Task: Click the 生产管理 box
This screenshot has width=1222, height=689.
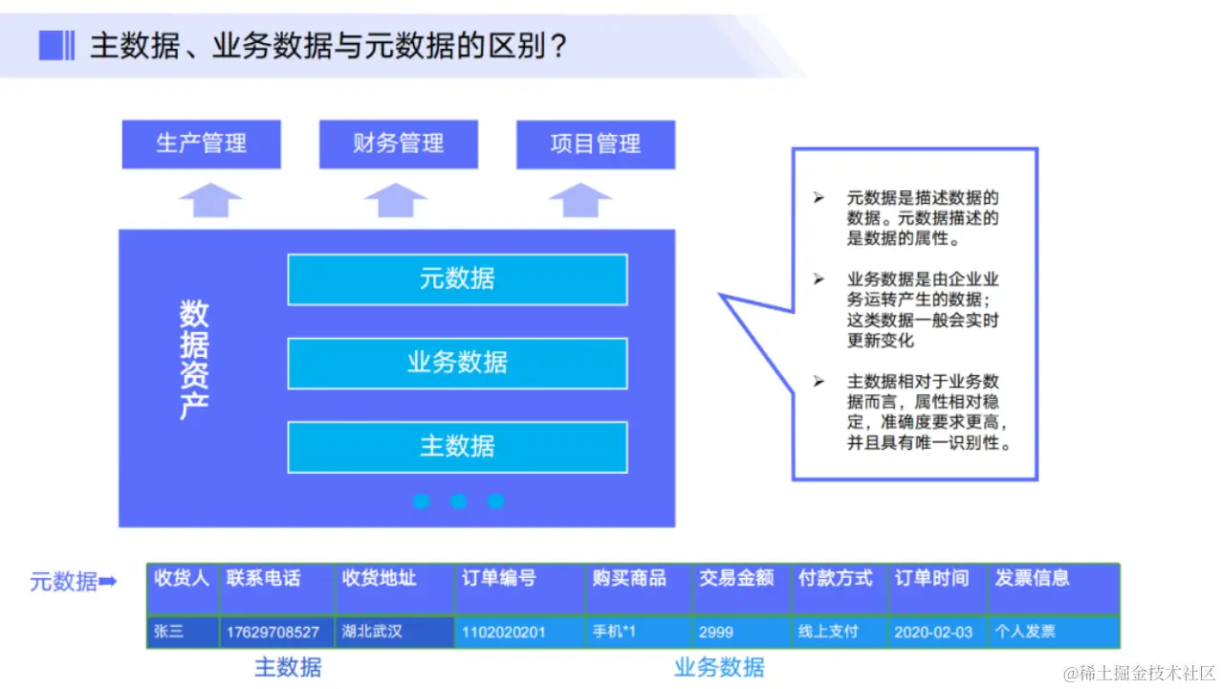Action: click(201, 144)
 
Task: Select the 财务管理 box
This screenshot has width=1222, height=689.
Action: click(398, 144)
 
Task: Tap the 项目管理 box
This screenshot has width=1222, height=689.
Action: click(595, 144)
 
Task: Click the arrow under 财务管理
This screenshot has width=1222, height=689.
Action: click(395, 200)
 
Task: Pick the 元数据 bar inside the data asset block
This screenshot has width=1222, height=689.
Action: click(457, 279)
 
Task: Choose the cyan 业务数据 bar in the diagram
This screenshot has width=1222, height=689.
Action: click(457, 363)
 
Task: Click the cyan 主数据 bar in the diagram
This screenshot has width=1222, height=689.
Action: click(457, 447)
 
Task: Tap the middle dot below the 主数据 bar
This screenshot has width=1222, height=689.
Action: click(458, 500)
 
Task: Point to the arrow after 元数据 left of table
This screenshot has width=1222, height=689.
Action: click(108, 581)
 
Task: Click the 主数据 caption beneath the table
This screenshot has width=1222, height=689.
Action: click(288, 667)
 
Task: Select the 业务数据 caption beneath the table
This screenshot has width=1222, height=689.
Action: click(719, 667)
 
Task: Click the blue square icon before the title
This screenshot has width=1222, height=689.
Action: click(56, 44)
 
